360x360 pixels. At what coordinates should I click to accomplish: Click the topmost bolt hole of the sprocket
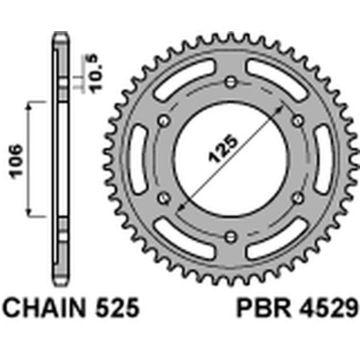coord(231,81)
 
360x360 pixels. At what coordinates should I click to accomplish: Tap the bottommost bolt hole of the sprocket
coord(231,235)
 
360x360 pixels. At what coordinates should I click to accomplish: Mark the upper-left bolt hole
coord(164,119)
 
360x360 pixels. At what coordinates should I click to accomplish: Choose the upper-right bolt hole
coord(298,119)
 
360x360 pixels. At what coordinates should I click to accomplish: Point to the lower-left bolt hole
coord(164,197)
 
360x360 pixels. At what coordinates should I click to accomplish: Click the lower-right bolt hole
coord(298,197)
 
